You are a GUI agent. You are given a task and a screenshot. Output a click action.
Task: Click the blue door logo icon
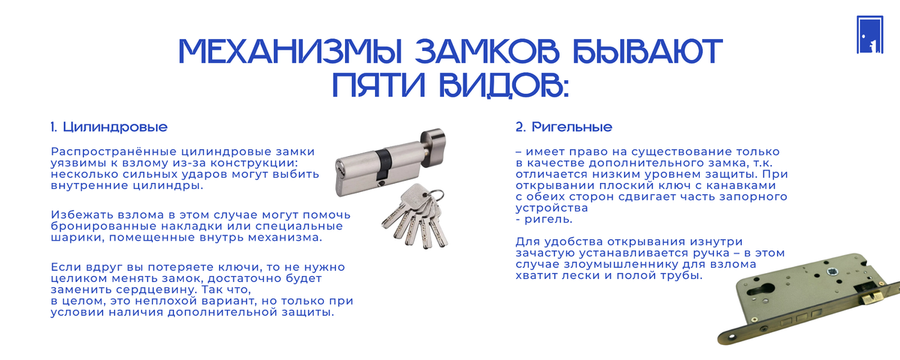pyautogui.click(x=870, y=34)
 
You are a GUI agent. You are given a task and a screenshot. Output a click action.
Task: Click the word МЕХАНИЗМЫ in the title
pyautogui.click(x=290, y=52)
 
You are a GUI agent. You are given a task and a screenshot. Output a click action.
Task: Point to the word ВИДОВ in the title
pyautogui.click(x=504, y=85)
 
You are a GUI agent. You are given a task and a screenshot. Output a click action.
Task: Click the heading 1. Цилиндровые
pyautogui.click(x=109, y=127)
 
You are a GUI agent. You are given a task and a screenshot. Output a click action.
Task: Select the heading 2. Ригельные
pyautogui.click(x=564, y=127)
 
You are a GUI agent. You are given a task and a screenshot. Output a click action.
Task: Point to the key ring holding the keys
pyautogui.click(x=435, y=196)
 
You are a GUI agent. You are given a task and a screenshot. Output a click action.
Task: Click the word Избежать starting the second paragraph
pyautogui.click(x=82, y=215)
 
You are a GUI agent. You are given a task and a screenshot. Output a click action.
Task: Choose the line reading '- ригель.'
pyautogui.click(x=544, y=219)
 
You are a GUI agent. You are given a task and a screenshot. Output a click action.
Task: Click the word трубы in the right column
pyautogui.click(x=682, y=276)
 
